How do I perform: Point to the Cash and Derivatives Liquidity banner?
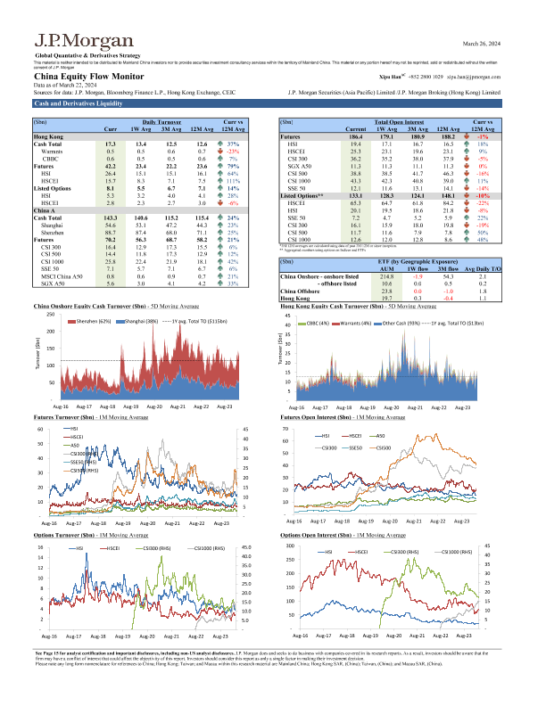(x=70, y=103)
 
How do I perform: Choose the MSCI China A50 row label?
(x=62, y=252)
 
